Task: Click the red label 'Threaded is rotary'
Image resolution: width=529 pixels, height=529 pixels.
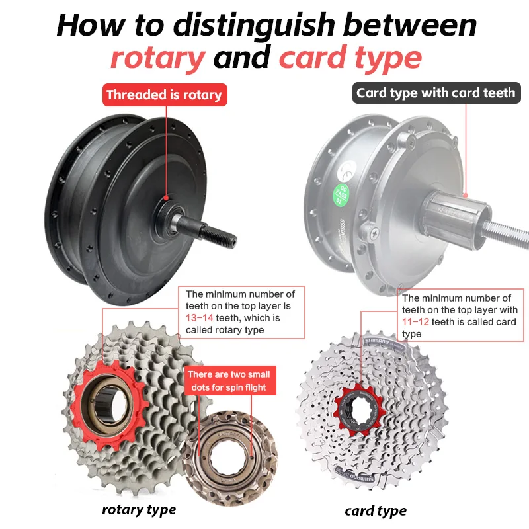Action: click(164, 95)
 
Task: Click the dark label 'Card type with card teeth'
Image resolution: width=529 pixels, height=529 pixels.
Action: click(436, 93)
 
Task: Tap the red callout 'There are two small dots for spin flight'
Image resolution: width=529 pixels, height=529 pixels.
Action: click(229, 380)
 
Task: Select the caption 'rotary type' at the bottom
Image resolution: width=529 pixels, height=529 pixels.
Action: click(139, 509)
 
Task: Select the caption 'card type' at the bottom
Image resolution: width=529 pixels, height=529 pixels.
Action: click(376, 510)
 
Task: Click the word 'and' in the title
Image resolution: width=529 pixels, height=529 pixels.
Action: click(242, 58)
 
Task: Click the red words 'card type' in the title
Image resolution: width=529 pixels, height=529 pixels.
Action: click(350, 58)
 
